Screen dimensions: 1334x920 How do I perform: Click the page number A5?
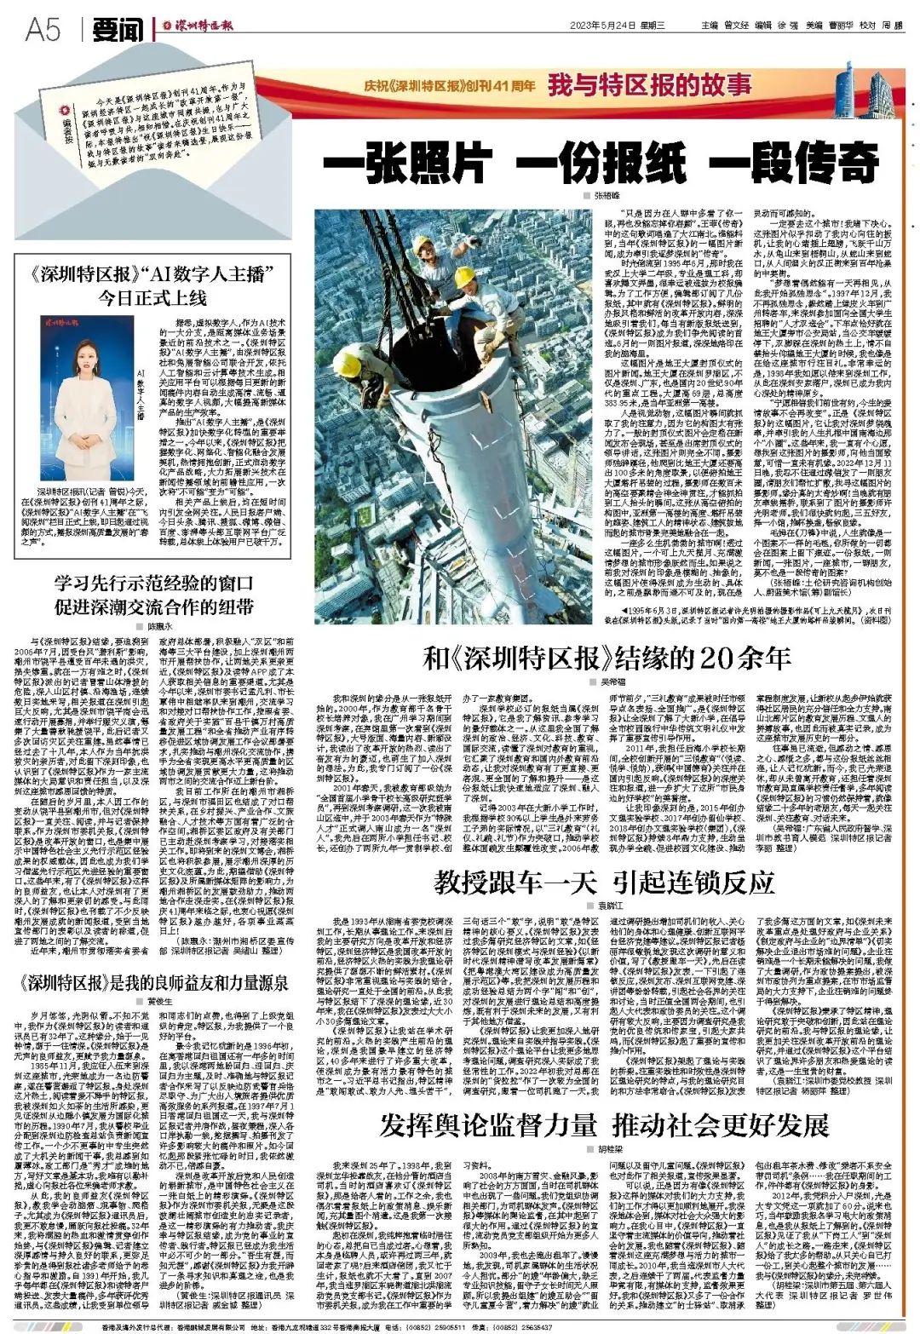coord(43,31)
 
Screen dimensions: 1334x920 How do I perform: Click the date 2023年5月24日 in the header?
coord(606,25)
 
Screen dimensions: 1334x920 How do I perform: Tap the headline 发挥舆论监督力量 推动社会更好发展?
coord(604,1124)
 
